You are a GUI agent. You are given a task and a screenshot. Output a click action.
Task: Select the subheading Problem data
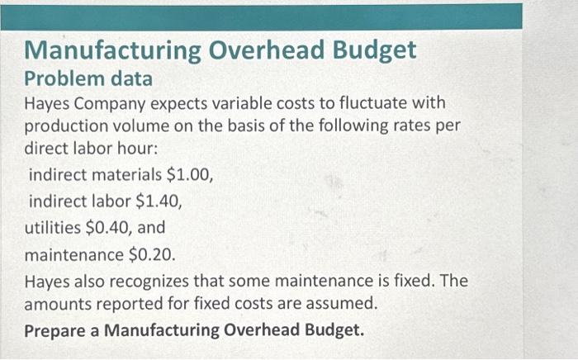tap(88, 79)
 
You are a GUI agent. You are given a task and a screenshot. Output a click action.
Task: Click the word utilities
tap(50, 226)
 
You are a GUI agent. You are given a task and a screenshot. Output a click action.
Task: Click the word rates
tap(408, 129)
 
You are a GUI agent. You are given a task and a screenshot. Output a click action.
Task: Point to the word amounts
tap(57, 304)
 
